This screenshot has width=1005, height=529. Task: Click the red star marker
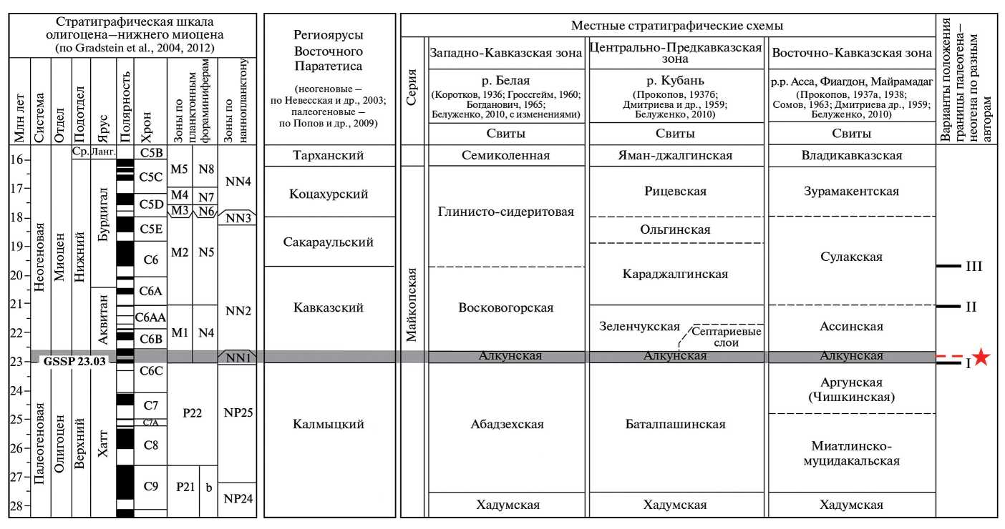click(x=982, y=357)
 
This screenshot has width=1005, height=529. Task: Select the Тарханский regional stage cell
click(x=329, y=155)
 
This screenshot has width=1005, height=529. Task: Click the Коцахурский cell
click(x=329, y=193)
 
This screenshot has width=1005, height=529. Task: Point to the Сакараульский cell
click(x=329, y=242)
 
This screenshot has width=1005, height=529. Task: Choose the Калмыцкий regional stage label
click(x=329, y=425)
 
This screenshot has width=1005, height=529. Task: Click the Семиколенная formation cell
click(x=507, y=155)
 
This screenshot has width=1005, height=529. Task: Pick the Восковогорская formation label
click(x=507, y=307)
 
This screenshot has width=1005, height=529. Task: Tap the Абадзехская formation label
click(x=507, y=425)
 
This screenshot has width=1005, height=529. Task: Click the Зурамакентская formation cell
click(x=851, y=191)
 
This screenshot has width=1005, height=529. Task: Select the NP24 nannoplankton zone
click(x=236, y=498)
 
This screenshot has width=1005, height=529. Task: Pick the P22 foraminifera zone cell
click(x=191, y=412)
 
